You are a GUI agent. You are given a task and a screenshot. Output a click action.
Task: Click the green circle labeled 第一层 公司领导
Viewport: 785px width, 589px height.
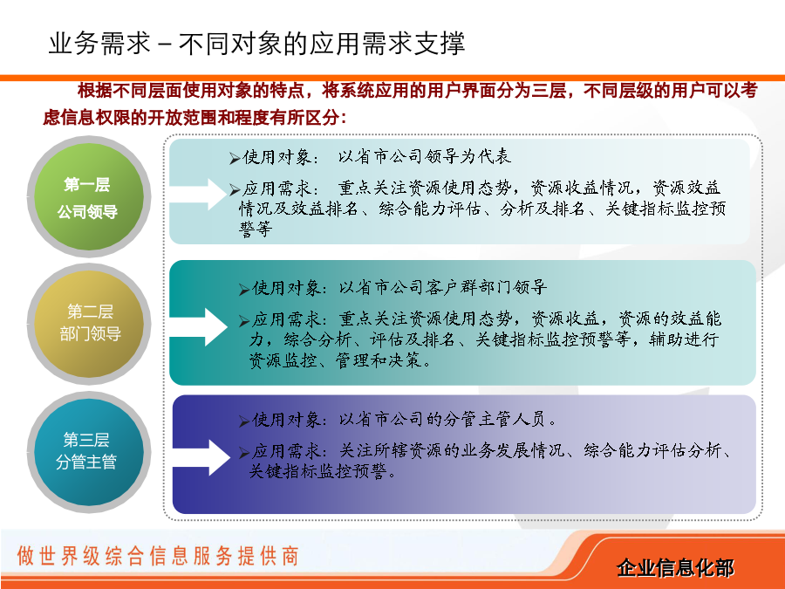[x=89, y=196]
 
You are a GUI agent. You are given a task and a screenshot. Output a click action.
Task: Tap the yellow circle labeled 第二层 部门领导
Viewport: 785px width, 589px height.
[x=89, y=324]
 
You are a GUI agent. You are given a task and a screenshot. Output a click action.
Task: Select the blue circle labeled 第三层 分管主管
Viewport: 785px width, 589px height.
[x=89, y=452]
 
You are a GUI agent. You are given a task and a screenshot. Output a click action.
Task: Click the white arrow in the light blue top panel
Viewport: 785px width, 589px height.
[x=199, y=194]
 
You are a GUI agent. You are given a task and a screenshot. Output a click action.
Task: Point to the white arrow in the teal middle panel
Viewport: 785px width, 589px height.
[x=199, y=326]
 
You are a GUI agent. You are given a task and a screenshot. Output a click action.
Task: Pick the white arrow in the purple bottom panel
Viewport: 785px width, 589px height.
[x=201, y=457]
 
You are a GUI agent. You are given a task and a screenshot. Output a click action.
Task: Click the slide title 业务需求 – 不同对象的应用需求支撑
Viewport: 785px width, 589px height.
[x=256, y=43]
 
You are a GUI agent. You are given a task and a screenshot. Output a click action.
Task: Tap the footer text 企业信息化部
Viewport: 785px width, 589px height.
[x=675, y=567]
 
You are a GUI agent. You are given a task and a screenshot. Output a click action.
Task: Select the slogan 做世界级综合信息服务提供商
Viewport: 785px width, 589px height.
[x=158, y=556]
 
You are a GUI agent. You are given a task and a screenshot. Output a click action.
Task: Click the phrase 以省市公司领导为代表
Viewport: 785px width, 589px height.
[x=425, y=157]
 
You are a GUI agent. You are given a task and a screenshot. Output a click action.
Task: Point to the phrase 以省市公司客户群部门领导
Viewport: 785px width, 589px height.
[x=442, y=287]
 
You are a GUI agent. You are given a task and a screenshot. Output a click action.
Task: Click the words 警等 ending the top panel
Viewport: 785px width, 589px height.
[x=256, y=229]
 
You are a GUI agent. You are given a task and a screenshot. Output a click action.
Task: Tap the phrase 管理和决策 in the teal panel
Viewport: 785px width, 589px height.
[x=379, y=360]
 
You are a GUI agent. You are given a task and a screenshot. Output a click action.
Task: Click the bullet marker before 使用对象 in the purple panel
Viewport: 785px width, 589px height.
[x=244, y=421]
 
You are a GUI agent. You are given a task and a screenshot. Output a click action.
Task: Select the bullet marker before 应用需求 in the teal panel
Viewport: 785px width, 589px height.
[x=244, y=321]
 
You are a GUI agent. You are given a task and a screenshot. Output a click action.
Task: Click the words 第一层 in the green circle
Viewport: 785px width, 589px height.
[x=87, y=184]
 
